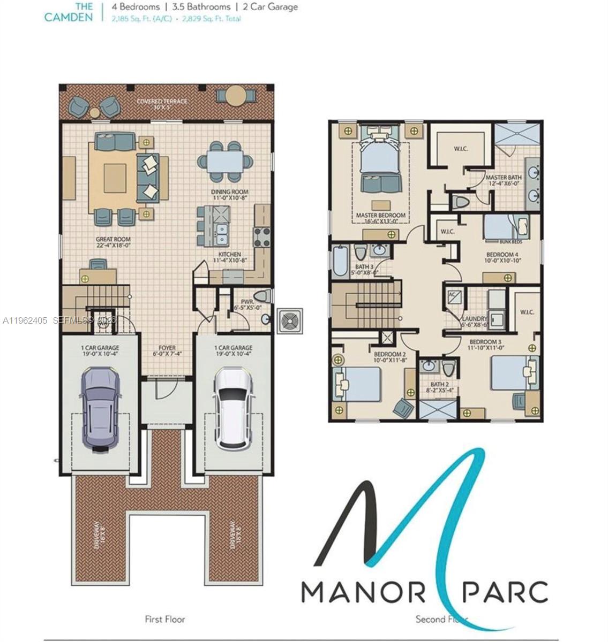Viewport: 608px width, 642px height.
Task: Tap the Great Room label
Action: coord(113,242)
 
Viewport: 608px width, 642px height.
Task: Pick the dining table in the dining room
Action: coord(225,160)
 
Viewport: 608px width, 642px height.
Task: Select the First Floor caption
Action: coord(165,619)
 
